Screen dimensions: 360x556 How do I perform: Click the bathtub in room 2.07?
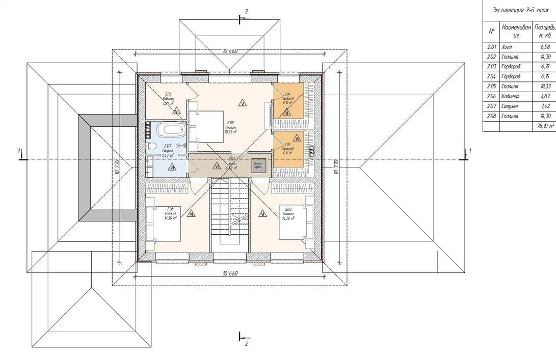169,129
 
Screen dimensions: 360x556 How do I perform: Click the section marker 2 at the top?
246,11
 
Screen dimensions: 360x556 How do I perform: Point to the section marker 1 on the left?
19,151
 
